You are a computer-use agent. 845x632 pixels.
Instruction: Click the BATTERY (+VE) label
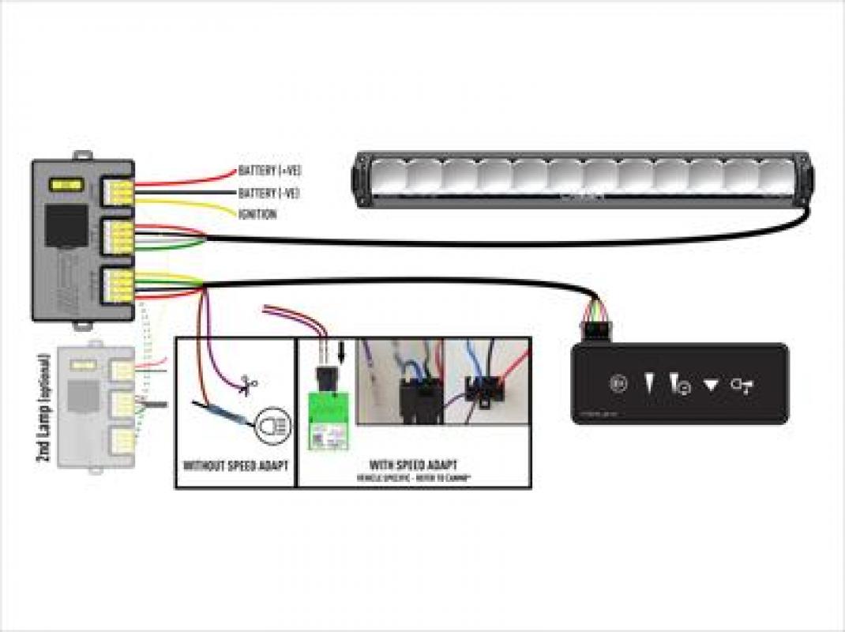click(269, 170)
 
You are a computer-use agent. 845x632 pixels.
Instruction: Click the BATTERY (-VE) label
click(269, 193)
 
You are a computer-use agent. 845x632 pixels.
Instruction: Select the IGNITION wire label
click(257, 214)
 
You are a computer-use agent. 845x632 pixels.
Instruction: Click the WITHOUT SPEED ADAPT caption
click(234, 465)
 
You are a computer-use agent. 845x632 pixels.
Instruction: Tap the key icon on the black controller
click(742, 385)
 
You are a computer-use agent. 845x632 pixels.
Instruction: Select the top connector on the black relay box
click(118, 190)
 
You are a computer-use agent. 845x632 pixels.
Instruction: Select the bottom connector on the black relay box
click(118, 282)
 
